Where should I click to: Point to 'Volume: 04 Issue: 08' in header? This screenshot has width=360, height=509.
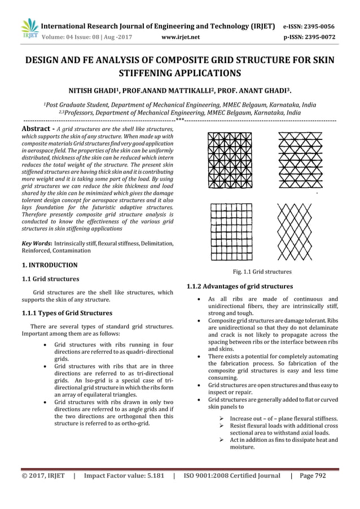tap(76, 38)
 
